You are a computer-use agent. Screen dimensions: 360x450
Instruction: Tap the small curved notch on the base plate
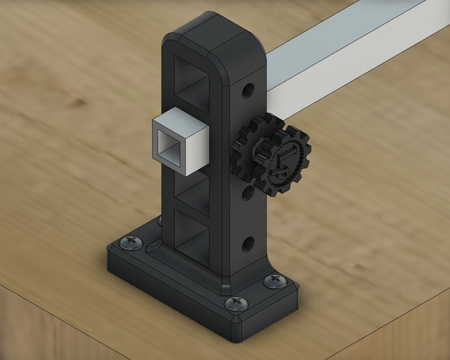point(151,248)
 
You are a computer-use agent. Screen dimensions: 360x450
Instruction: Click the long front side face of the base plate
point(170,295)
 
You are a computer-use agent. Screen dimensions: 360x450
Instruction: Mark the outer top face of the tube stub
point(180,120)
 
